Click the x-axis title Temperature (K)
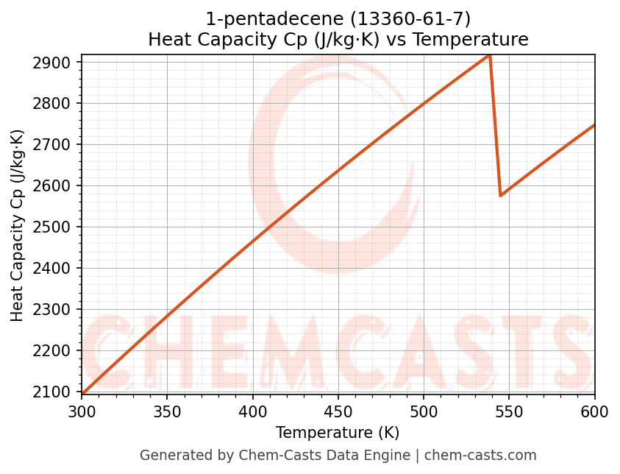(338, 433)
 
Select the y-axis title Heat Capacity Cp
(18, 225)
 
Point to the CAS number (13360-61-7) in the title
(400, 18)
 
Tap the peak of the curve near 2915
(489, 55)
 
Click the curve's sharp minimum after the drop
(501, 196)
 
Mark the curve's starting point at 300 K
(82, 394)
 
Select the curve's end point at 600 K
(594, 125)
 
